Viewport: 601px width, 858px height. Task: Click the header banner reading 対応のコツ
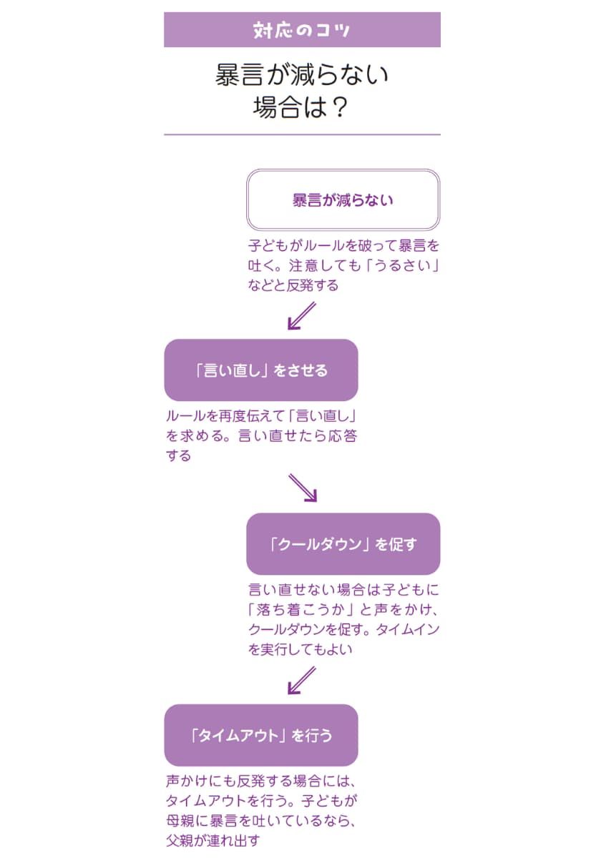click(x=302, y=30)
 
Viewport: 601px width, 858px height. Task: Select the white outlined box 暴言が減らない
click(x=343, y=199)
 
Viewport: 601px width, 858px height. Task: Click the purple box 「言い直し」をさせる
click(x=261, y=370)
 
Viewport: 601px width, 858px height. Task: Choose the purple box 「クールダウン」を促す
click(x=343, y=543)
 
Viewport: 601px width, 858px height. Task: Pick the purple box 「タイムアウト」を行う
click(x=261, y=735)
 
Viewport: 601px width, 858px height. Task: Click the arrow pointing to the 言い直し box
click(x=301, y=315)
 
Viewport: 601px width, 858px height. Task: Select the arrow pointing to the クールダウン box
click(x=303, y=488)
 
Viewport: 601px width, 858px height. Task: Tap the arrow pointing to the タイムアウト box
click(x=301, y=680)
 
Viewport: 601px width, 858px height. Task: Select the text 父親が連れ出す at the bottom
click(x=212, y=839)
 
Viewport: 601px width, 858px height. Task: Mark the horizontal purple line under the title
click(x=302, y=134)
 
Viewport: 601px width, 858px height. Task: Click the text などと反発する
click(x=293, y=286)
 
